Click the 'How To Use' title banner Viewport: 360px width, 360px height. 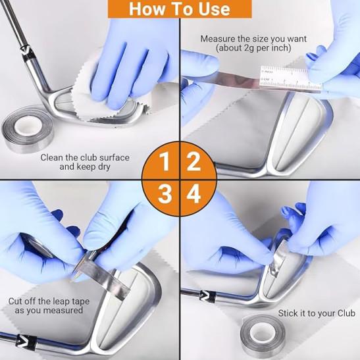pos(180,9)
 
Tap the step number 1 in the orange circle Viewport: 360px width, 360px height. pos(165,161)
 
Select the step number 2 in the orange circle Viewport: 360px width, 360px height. pos(194,161)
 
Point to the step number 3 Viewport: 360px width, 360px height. pos(165,194)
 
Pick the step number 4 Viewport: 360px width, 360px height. pos(193,194)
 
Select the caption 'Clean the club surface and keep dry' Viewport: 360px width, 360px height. pos(85,162)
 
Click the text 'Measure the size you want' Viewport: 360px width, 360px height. pos(253,39)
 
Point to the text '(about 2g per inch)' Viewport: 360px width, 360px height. pos(253,48)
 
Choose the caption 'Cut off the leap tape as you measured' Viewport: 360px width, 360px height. pos(49,305)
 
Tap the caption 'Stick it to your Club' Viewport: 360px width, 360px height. pos(317,313)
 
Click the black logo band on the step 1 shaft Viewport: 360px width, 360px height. pos(27,53)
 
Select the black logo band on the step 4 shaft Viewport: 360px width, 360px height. pos(207,296)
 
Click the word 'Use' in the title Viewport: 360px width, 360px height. pos(214,9)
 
